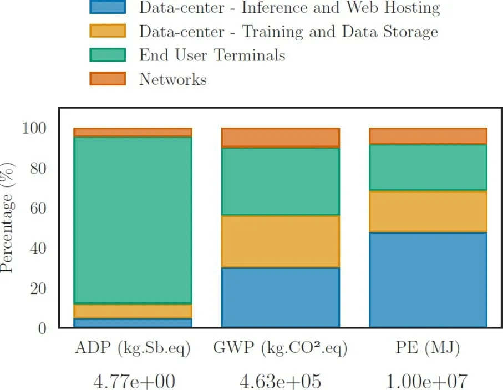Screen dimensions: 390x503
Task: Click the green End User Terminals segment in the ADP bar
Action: click(133, 220)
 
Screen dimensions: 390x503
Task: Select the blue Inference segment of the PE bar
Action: click(428, 280)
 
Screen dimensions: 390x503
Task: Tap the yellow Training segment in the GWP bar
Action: click(280, 241)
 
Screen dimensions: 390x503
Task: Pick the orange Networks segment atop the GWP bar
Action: click(280, 138)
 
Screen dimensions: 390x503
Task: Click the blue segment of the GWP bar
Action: click(280, 297)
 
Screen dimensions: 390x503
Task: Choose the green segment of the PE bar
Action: click(428, 168)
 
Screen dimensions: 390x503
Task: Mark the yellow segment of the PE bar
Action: click(428, 211)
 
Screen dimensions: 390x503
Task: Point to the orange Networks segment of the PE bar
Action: click(428, 136)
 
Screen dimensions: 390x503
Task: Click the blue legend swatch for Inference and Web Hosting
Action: click(108, 8)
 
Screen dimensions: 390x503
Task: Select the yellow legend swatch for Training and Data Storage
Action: click(108, 31)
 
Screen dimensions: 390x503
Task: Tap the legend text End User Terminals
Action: click(212, 55)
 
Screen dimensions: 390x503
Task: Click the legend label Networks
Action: click(172, 79)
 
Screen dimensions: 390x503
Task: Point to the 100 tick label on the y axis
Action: click(34, 128)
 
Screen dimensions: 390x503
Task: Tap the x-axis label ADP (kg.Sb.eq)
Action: click(133, 349)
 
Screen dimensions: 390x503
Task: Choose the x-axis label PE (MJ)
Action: click(428, 349)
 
